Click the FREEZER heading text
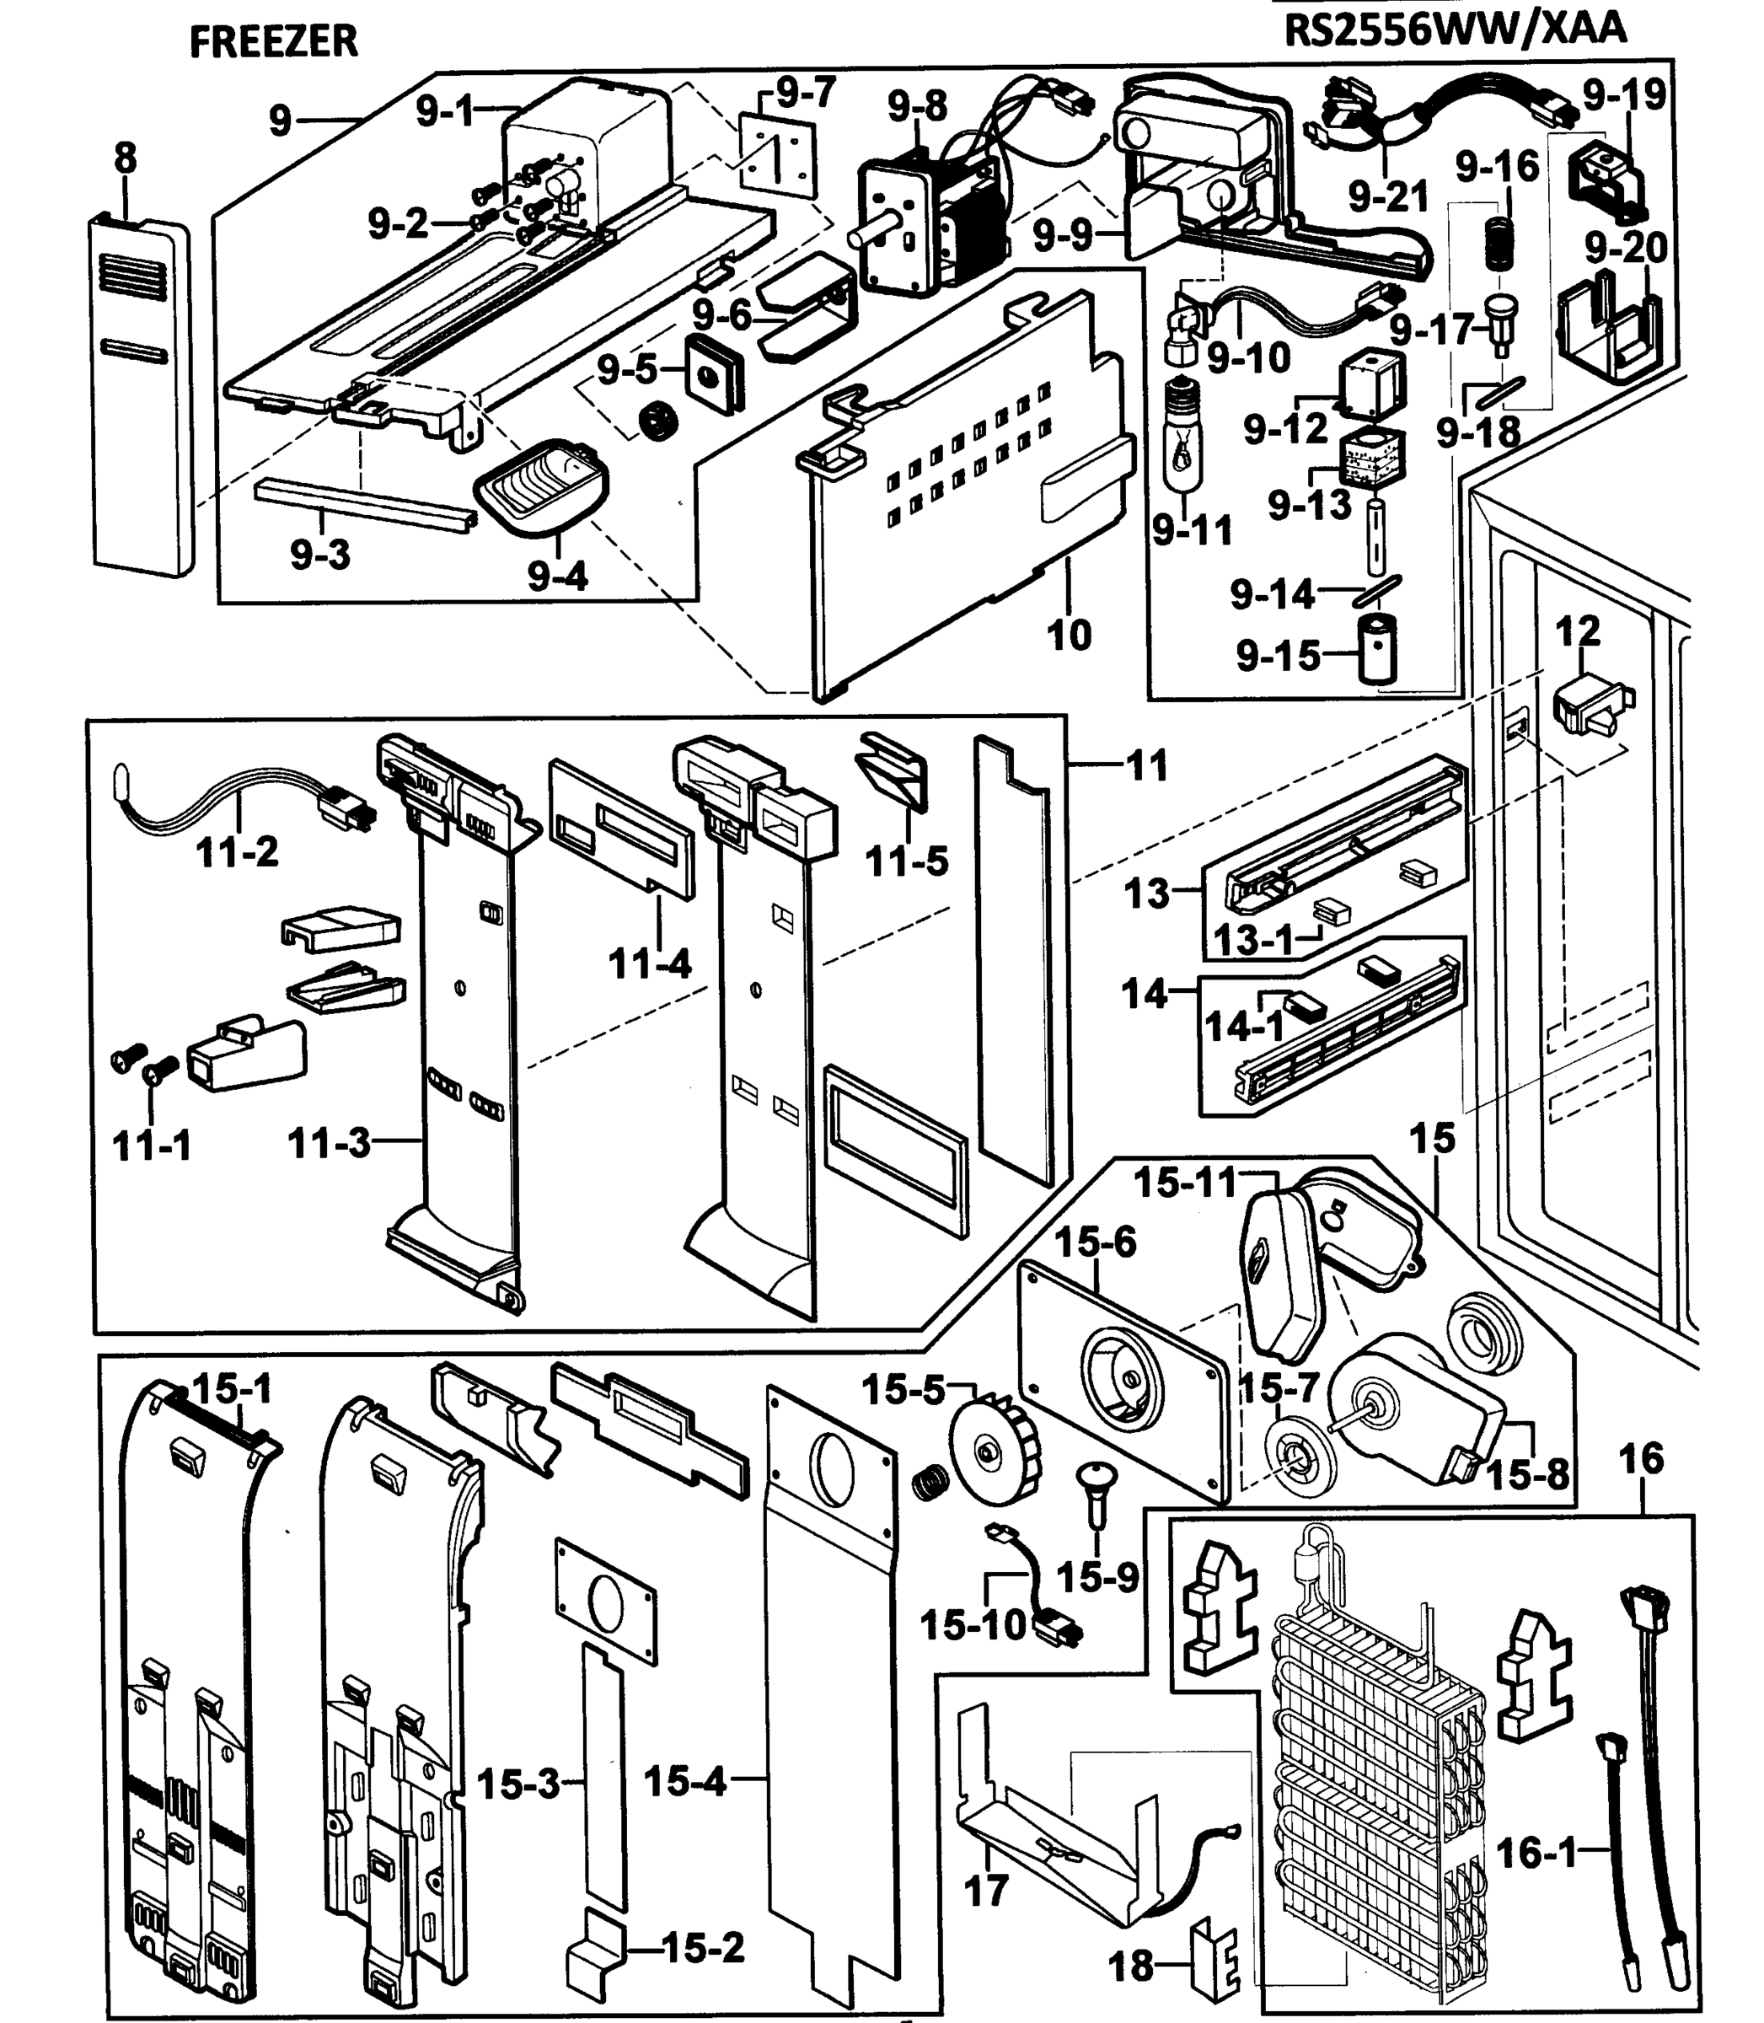tap(273, 41)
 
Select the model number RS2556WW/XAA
tap(1455, 30)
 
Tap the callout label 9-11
tap(1192, 532)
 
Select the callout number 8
tap(125, 158)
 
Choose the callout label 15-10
tap(973, 1625)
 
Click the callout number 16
tap(1640, 1459)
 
